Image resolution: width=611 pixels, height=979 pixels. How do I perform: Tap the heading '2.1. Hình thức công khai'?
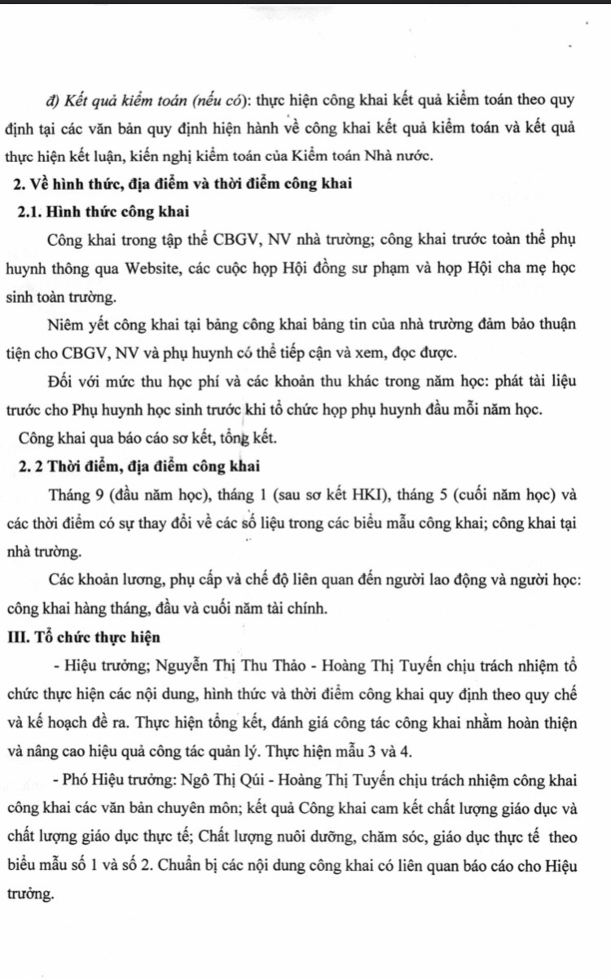(x=103, y=212)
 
